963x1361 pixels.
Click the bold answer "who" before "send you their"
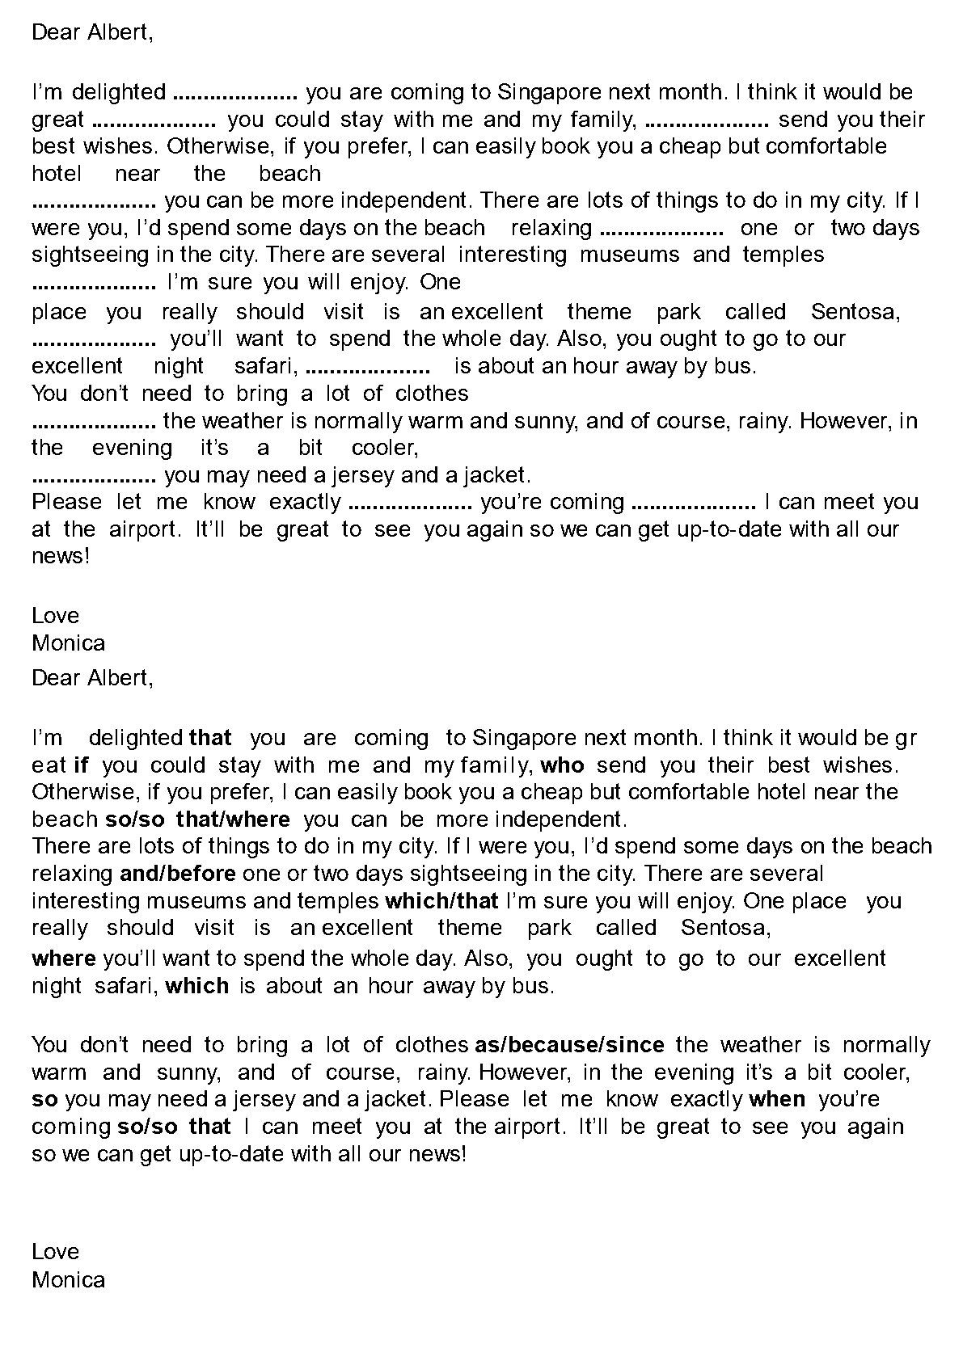click(x=562, y=765)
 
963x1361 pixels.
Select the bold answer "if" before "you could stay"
click(x=81, y=765)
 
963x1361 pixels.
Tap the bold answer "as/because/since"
click(x=569, y=1045)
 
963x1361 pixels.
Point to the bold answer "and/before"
click(x=178, y=873)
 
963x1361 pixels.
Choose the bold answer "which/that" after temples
click(x=441, y=900)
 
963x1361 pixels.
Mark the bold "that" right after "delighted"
click(x=210, y=737)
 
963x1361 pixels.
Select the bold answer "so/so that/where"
click(x=198, y=819)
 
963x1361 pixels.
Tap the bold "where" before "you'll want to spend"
click(x=64, y=959)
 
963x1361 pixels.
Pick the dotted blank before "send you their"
click(x=708, y=120)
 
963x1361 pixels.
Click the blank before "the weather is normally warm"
click(x=94, y=421)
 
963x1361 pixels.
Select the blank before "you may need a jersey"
click(x=94, y=475)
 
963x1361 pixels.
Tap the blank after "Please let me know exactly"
click(x=410, y=503)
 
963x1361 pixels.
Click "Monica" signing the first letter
click(x=69, y=643)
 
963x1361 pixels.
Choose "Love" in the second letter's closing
click(x=56, y=1252)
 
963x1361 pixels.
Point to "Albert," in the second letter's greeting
click(x=120, y=677)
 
